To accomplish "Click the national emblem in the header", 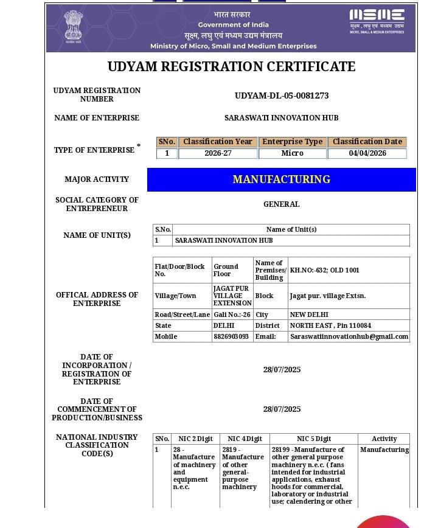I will click(74, 25).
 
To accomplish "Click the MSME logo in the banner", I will click(377, 21).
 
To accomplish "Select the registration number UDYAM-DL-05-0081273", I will click(282, 96).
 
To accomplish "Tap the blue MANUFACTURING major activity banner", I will click(282, 179).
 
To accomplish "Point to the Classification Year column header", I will click(218, 142).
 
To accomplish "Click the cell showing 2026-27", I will click(218, 153).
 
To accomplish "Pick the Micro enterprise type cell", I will click(292, 153).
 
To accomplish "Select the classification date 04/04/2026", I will click(367, 153).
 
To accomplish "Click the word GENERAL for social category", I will click(282, 204).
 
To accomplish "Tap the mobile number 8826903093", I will click(231, 336).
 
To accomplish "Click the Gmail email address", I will click(349, 336).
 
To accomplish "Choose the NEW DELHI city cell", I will click(309, 315).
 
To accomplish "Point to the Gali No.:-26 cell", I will click(232, 315).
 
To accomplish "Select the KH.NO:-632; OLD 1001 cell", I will click(324, 270).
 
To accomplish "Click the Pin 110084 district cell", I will click(330, 325).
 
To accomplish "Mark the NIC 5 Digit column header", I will click(314, 439).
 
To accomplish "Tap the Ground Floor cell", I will click(226, 270).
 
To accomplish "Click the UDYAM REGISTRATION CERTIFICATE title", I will click(231, 67).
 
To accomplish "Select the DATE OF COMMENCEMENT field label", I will click(97, 409).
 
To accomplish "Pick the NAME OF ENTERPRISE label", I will click(97, 118).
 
